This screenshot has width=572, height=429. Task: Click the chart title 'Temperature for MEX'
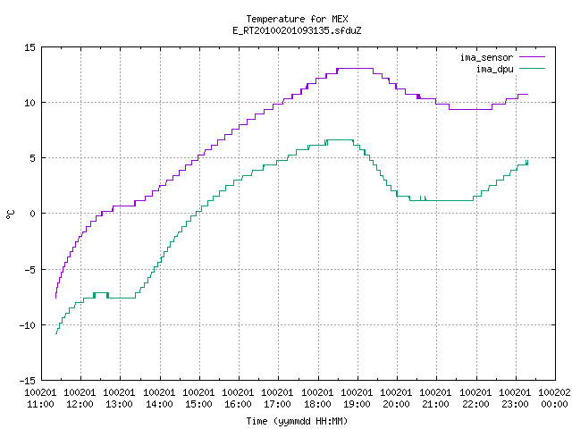pyautogui.click(x=297, y=19)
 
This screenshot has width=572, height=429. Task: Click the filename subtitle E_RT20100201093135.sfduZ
pyautogui.click(x=297, y=30)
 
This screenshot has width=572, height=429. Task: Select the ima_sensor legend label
pyautogui.click(x=486, y=57)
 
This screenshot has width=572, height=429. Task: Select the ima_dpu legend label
pyautogui.click(x=494, y=69)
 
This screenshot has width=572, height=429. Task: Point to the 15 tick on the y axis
pyautogui.click(x=29, y=47)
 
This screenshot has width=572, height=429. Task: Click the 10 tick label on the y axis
pyautogui.click(x=29, y=103)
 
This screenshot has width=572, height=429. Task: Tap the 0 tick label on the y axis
pyautogui.click(x=32, y=214)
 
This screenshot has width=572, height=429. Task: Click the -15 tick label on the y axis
pyautogui.click(x=28, y=381)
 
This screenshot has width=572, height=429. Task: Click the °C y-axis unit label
pyautogui.click(x=10, y=214)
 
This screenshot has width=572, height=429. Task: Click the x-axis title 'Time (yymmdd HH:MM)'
pyautogui.click(x=297, y=421)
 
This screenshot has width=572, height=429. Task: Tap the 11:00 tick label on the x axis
pyautogui.click(x=40, y=404)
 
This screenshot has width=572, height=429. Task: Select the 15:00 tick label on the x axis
pyautogui.click(x=198, y=404)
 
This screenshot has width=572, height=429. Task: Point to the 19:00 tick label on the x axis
pyautogui.click(x=357, y=404)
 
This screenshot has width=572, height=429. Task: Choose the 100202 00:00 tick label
pyautogui.click(x=554, y=399)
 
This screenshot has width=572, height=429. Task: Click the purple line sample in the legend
pyautogui.click(x=532, y=57)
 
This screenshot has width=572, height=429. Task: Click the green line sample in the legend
pyautogui.click(x=532, y=68)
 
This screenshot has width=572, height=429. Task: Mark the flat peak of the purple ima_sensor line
pyautogui.click(x=355, y=68)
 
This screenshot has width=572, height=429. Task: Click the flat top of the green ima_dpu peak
pyautogui.click(x=340, y=139)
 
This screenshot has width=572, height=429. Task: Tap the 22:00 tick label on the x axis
pyautogui.click(x=475, y=404)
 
